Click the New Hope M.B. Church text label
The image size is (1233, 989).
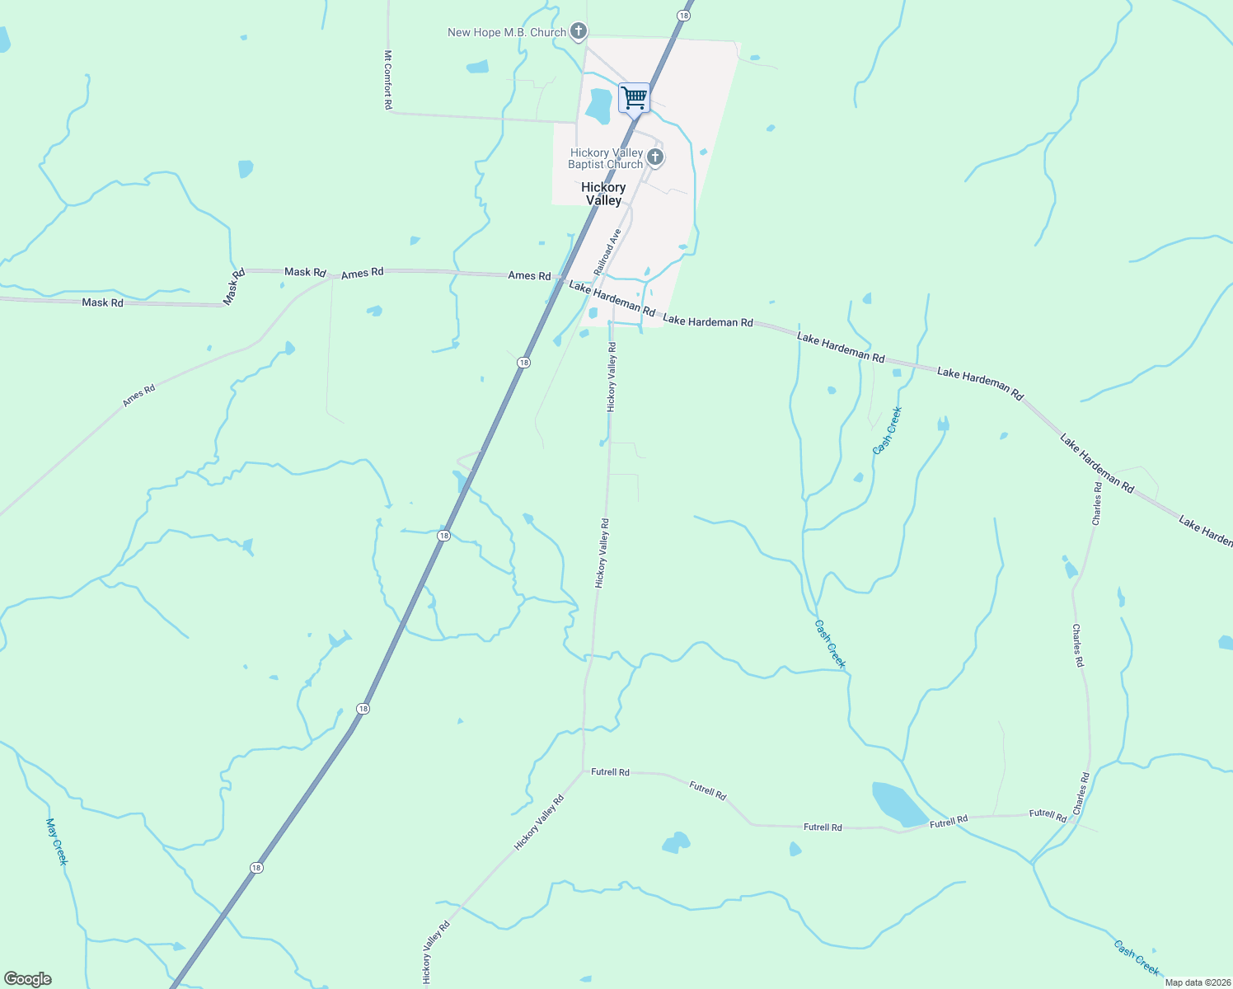coord(506,33)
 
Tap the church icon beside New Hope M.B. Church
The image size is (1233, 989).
coord(579,32)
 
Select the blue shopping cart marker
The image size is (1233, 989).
coord(634,98)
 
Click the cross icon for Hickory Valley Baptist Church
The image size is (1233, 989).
coord(655,157)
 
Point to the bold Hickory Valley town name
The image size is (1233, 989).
coord(603,194)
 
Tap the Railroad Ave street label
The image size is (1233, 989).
coord(606,251)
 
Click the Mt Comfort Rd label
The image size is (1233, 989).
coord(387,80)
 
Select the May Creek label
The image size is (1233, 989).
coord(56,841)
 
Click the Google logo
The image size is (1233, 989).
coord(28,979)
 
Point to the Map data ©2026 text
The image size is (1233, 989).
coord(1196,982)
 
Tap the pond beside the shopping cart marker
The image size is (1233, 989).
coord(599,105)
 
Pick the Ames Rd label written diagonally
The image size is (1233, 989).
coord(138,396)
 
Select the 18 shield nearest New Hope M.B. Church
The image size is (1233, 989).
coord(683,15)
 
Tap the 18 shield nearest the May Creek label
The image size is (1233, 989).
coord(256,868)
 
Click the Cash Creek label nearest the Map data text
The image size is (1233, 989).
coord(1136,957)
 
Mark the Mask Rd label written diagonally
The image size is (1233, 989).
coord(234,285)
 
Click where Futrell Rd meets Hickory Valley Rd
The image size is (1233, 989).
coord(583,772)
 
